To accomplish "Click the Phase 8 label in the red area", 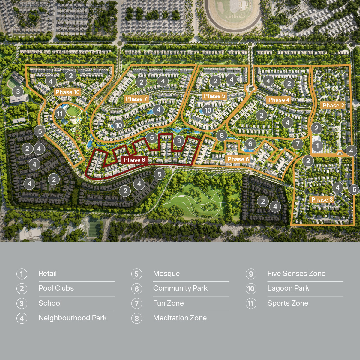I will click(x=134, y=160).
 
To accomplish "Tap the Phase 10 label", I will click(x=68, y=92).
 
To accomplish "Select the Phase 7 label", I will click(x=136, y=99).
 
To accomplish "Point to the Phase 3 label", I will click(x=322, y=199).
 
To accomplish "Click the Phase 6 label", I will click(x=238, y=159).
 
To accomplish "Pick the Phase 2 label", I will click(x=333, y=105).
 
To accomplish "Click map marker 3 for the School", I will click(x=18, y=91).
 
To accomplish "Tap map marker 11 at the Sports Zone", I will click(x=60, y=113).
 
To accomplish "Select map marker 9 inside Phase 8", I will click(x=179, y=141).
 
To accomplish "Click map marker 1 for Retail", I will click(x=317, y=146).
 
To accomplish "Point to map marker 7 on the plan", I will click(x=298, y=144).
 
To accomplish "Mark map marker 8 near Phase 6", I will click(x=222, y=135).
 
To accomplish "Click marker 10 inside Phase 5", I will click(x=208, y=110).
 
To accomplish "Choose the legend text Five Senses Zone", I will click(x=296, y=274).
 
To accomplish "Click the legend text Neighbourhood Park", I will click(x=73, y=318).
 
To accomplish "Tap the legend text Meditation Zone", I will click(x=180, y=318).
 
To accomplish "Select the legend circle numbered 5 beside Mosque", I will click(x=136, y=274).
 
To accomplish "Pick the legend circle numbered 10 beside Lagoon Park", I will click(x=251, y=289).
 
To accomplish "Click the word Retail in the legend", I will click(x=48, y=274).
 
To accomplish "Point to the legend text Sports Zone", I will click(x=288, y=303).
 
